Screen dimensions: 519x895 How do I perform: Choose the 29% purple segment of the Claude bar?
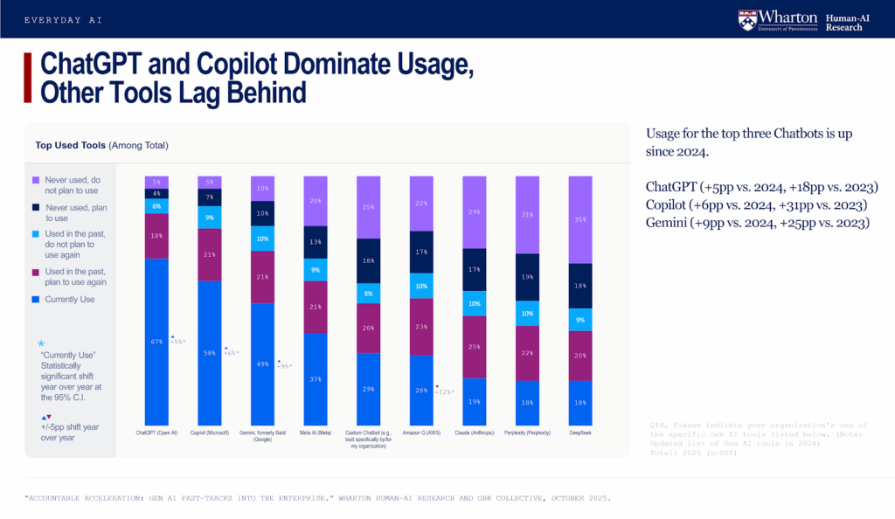[x=475, y=212]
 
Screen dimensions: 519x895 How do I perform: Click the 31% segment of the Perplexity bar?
[x=527, y=215]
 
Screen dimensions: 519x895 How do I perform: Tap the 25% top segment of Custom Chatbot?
[x=369, y=207]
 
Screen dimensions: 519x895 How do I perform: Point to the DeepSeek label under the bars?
[x=580, y=432]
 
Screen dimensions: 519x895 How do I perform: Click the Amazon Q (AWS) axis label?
[x=421, y=432]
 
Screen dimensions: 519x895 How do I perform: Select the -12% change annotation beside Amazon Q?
[x=445, y=391]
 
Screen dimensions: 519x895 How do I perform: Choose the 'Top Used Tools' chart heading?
[x=101, y=145]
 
